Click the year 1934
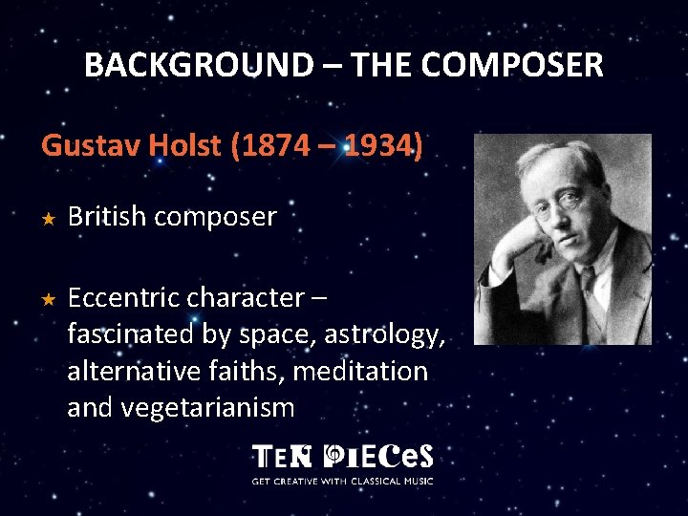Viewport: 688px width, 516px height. coord(377,146)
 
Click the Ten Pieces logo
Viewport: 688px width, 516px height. coord(342,456)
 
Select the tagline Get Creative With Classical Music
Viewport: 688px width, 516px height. coord(342,480)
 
